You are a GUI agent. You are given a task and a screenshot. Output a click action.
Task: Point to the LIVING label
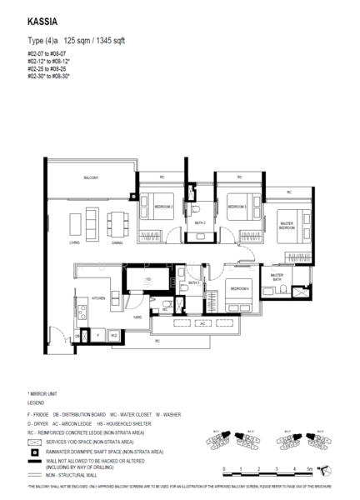click(74, 243)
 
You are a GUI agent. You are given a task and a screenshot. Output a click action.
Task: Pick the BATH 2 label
click(200, 223)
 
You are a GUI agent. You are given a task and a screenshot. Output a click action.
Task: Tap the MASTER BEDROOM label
click(286, 225)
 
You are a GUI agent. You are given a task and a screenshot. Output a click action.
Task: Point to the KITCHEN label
click(97, 297)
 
